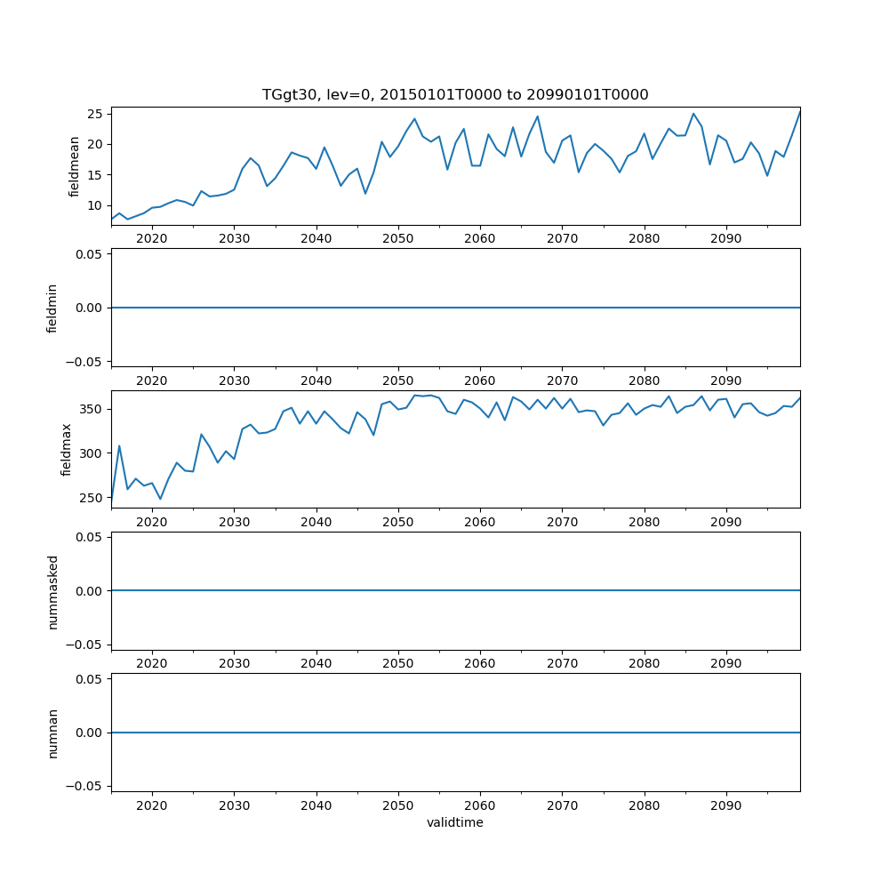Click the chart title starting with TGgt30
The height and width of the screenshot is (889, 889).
click(454, 94)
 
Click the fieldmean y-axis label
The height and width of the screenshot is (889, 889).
click(75, 166)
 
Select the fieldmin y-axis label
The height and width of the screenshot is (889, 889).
click(52, 308)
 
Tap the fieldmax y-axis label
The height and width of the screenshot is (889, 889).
click(67, 449)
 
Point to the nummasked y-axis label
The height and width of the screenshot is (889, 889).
click(52, 590)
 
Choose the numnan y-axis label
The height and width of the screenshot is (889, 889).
click(52, 733)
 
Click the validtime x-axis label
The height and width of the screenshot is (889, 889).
click(454, 823)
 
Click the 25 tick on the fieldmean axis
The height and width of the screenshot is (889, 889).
click(95, 114)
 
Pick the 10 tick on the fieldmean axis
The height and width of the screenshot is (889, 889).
click(95, 205)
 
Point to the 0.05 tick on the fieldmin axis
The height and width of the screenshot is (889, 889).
click(88, 254)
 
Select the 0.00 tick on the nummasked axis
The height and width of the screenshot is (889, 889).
click(88, 590)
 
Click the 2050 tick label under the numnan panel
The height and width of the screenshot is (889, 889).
click(398, 805)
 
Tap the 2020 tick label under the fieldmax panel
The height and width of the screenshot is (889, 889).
click(152, 522)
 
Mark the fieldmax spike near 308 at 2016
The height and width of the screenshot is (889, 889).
click(119, 446)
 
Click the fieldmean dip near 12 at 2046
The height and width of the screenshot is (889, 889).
click(365, 194)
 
